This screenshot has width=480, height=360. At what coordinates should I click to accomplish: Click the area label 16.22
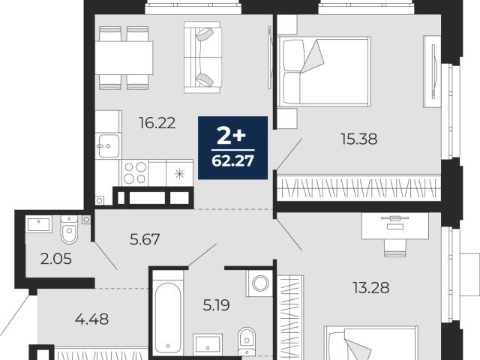(x=157, y=123)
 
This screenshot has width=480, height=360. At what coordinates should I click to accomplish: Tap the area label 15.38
(x=358, y=139)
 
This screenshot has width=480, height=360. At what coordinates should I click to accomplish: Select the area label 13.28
(x=371, y=288)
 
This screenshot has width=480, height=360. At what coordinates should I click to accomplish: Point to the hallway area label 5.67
(x=145, y=239)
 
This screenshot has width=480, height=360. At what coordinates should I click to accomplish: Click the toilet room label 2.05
(x=56, y=259)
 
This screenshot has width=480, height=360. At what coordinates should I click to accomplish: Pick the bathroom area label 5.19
(x=217, y=305)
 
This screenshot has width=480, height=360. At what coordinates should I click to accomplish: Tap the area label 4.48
(x=91, y=319)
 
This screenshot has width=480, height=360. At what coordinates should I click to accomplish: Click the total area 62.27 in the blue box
(x=232, y=160)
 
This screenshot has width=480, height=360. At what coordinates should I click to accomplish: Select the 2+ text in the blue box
(x=231, y=136)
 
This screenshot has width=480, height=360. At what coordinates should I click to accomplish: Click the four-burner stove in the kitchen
(x=135, y=172)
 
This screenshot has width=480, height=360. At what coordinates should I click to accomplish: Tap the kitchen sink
(x=107, y=145)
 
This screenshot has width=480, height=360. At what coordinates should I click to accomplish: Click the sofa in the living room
(x=202, y=57)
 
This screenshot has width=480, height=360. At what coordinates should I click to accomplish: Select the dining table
(x=124, y=58)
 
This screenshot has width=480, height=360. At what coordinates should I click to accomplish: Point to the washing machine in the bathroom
(x=259, y=283)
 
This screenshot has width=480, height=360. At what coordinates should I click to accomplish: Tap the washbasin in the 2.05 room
(x=38, y=224)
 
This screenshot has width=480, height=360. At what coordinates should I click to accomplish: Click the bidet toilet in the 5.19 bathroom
(x=247, y=341)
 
